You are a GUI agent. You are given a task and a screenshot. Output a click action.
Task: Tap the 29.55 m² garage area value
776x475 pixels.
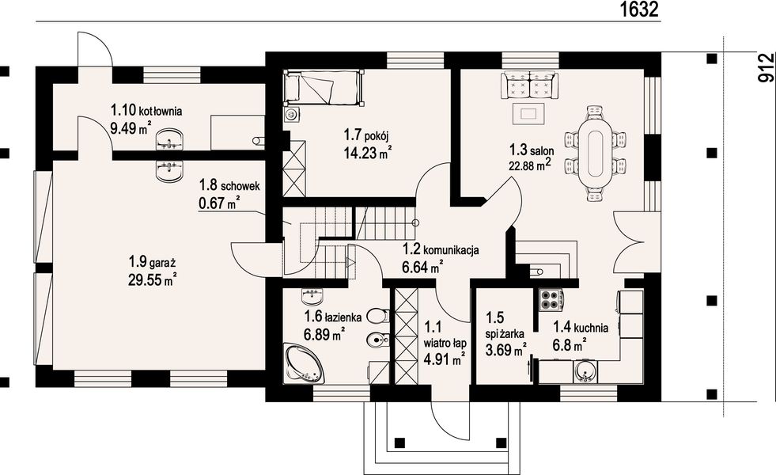153,279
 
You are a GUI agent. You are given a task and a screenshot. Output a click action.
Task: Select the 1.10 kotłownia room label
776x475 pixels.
146,110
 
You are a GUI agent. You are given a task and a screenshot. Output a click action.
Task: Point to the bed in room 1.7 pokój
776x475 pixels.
324,88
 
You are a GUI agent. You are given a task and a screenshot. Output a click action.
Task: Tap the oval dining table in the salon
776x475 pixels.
594,153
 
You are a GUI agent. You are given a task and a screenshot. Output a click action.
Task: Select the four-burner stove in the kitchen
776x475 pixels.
551,299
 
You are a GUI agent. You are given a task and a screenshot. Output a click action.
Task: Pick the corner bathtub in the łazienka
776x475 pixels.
304,363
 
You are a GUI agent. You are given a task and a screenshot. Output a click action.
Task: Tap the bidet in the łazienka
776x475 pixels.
379,340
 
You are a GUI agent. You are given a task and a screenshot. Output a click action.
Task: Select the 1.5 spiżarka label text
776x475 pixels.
504,325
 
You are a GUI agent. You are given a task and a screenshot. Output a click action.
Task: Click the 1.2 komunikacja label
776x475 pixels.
440,250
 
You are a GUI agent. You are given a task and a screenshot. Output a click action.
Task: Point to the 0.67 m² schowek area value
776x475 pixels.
219,203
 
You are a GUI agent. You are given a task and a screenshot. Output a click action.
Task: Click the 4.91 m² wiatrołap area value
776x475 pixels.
444,358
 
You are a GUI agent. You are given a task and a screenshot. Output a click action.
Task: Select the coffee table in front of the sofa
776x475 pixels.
529,114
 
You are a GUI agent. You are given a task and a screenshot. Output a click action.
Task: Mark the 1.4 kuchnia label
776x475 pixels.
581,326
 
